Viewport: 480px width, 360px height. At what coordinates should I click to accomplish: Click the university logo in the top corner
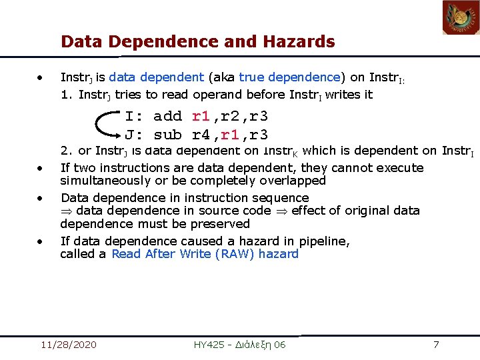(461, 17)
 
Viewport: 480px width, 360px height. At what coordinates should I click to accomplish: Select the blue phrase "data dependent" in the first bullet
(156, 77)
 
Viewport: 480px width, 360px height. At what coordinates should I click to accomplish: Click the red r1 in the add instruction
(201, 117)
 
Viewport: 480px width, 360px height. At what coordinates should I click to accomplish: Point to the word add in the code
(167, 117)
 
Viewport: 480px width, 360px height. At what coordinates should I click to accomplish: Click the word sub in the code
(167, 134)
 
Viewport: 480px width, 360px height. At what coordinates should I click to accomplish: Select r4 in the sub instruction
(201, 134)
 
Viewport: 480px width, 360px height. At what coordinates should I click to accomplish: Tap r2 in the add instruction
(229, 117)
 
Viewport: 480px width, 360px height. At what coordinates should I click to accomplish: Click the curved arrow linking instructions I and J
(103, 125)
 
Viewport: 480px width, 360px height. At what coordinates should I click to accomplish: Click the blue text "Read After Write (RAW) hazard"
(205, 254)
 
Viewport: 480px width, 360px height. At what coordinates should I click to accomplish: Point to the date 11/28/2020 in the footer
(68, 345)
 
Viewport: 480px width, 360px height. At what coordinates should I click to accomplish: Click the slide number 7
(436, 345)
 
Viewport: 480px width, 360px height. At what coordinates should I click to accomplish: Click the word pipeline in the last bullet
(324, 241)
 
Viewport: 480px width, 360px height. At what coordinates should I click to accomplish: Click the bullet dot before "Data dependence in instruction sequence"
(41, 198)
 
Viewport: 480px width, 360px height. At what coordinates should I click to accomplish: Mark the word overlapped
(293, 181)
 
